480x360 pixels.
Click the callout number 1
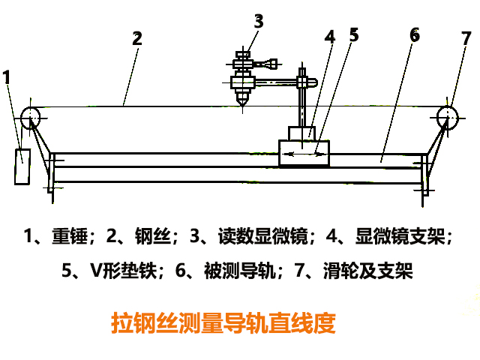tap(7, 76)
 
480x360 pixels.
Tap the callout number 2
tap(136, 40)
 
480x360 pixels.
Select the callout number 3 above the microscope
tap(259, 21)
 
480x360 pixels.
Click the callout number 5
tap(354, 34)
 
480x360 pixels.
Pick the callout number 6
tap(414, 34)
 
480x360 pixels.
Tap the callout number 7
tap(466, 37)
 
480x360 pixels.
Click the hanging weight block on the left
tap(22, 166)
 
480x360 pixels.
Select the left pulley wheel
tap(31, 115)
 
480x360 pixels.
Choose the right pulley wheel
tap(448, 115)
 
